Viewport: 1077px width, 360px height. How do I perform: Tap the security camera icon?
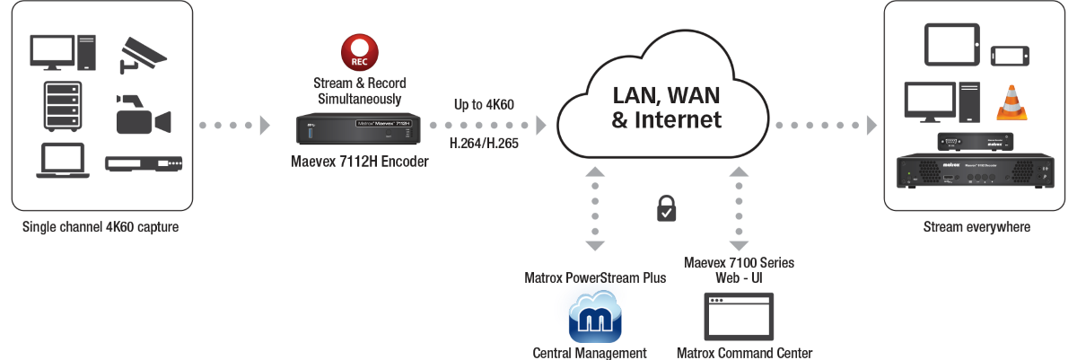143,53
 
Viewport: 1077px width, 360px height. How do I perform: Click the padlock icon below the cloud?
665,209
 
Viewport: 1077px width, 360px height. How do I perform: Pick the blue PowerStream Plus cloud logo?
590,313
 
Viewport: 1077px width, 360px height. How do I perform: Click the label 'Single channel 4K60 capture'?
101,227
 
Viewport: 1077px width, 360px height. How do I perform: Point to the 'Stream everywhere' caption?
976,227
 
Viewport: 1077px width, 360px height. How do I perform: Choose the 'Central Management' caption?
590,353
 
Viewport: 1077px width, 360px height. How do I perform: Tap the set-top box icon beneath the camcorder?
144,163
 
